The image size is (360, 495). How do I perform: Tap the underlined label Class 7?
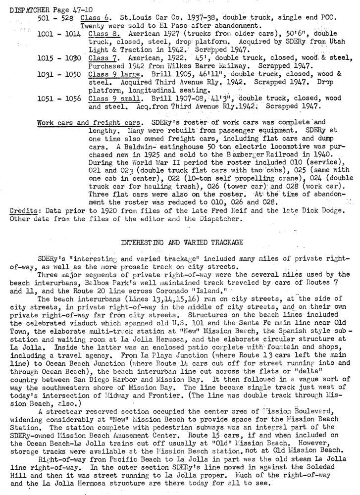coord(99,57)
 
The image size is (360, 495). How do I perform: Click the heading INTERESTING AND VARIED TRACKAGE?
coord(180,242)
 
